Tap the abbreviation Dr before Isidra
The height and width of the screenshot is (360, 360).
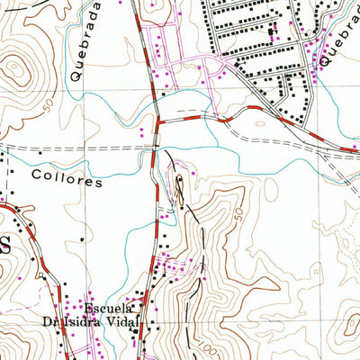pyautogui.click(x=47, y=320)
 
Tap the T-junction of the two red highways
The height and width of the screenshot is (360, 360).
pyautogui.click(x=157, y=121)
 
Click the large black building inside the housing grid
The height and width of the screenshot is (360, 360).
pyautogui.click(x=273, y=33)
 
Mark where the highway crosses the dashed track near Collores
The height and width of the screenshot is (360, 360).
pyautogui.click(x=154, y=145)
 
